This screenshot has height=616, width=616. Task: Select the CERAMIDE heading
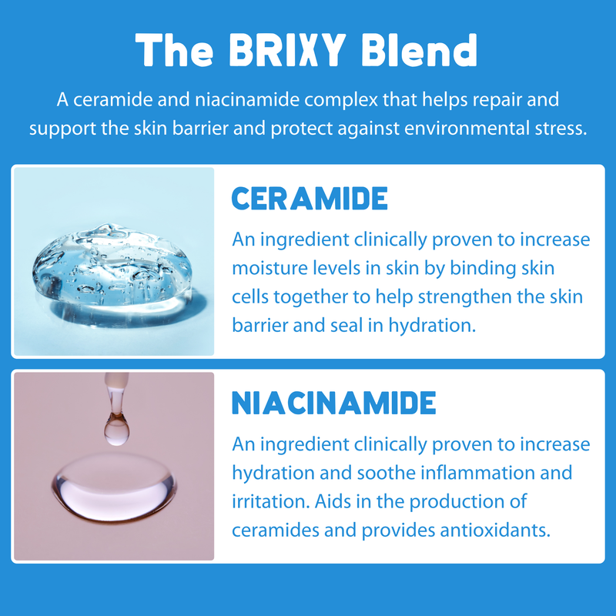pos(310,199)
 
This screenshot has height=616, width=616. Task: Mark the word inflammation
pos(480,473)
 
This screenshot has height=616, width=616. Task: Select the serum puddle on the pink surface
pos(113,485)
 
